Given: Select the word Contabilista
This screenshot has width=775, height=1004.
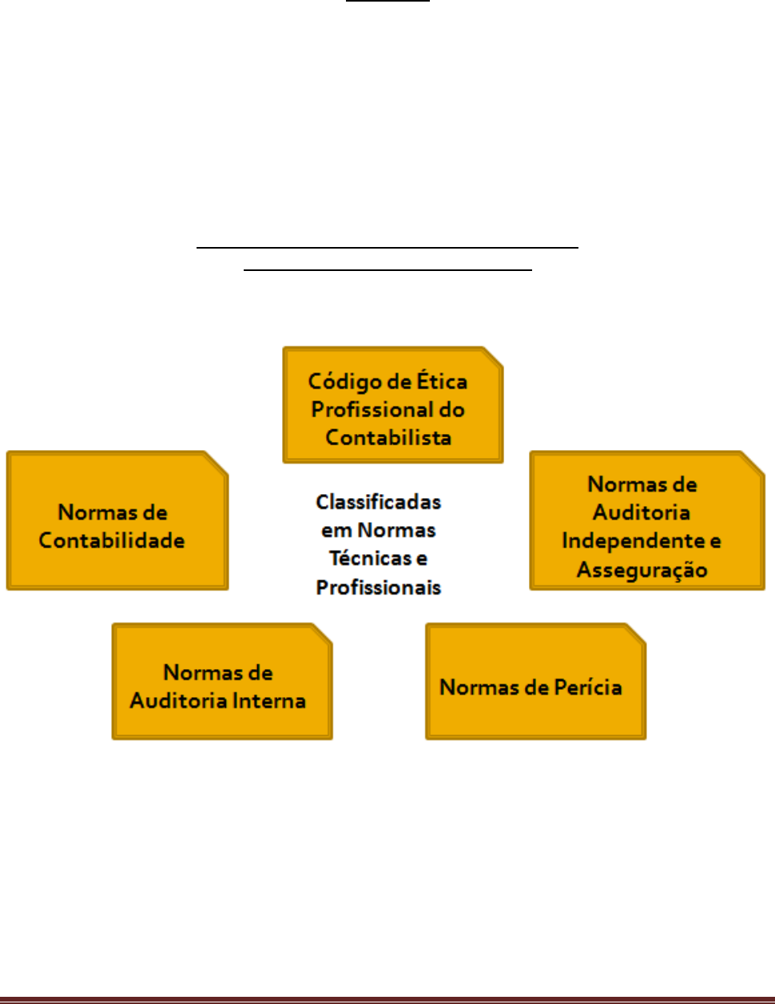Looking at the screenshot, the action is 388,437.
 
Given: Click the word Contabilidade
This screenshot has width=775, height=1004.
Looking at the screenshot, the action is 112,540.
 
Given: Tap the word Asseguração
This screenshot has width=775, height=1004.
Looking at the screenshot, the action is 642,570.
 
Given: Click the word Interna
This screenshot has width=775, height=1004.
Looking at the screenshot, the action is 268,701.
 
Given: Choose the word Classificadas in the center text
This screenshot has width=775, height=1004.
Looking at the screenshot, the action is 378,502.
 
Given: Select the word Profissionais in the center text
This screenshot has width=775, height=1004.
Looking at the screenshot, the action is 378,588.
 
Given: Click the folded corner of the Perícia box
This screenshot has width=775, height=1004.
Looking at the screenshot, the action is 635,634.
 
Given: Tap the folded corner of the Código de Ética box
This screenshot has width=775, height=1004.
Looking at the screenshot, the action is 493,357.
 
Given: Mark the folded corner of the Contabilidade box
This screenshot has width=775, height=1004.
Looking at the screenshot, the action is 217,462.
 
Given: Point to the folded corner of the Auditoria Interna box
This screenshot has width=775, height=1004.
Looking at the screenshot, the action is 322,634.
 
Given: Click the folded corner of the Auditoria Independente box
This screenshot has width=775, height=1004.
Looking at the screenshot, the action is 753,462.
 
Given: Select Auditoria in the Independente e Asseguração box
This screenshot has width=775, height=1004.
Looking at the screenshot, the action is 641,512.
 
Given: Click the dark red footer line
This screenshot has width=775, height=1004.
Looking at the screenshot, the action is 387,1000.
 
